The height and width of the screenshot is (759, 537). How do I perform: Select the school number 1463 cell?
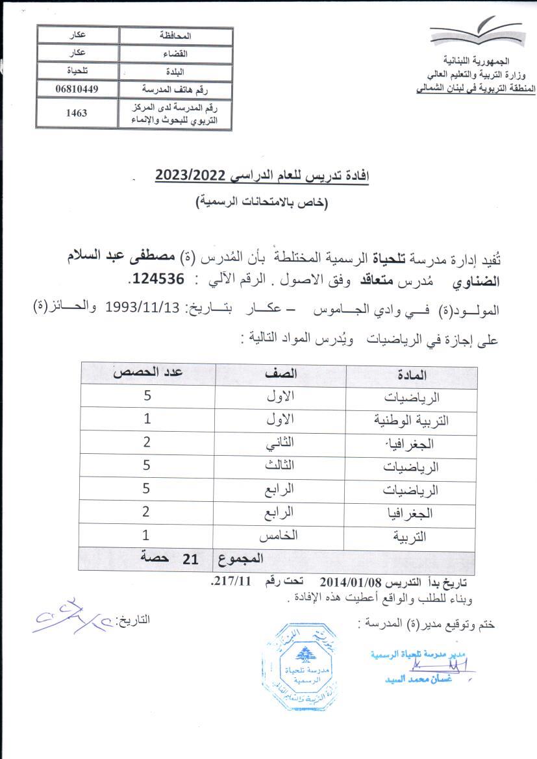click(77, 112)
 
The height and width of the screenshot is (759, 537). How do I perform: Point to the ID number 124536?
click(156, 279)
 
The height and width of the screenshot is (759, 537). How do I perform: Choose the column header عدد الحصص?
click(147, 373)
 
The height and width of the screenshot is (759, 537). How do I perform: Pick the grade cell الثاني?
click(280, 443)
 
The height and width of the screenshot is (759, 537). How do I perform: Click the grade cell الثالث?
click(280, 466)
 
